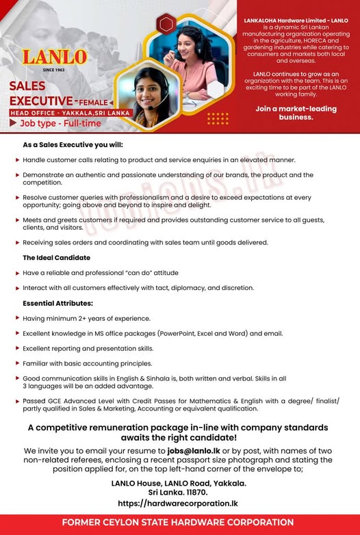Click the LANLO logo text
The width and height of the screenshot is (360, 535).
[55, 58]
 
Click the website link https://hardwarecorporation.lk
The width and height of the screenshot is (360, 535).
[178, 503]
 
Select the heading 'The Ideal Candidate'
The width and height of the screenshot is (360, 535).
[56, 257]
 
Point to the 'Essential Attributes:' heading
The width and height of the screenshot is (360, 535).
[58, 303]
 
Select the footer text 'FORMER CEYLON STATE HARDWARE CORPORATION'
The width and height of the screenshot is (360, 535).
[178, 523]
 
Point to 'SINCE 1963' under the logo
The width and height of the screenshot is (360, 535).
[53, 70]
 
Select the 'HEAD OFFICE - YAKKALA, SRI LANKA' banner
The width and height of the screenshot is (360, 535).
[68, 112]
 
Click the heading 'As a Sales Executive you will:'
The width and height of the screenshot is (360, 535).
[73, 145]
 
